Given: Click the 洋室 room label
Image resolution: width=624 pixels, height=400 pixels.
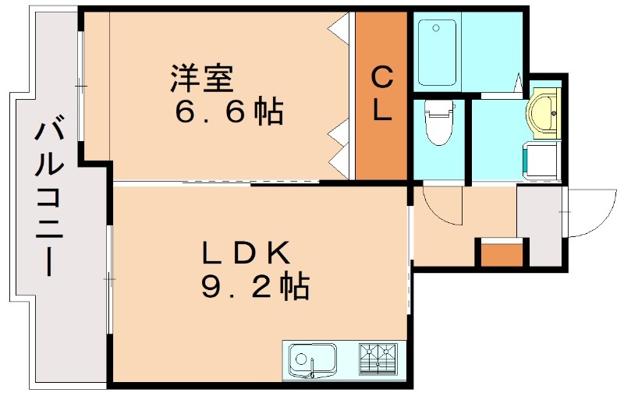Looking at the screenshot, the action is click(202, 78).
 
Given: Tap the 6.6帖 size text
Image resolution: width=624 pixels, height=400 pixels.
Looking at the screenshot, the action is click(229, 111).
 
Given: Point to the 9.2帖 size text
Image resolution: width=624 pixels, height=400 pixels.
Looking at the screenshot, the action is click(255, 286).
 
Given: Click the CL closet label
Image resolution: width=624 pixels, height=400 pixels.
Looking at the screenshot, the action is click(381, 94).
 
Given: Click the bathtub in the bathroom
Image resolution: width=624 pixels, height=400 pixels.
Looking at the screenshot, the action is click(437, 53).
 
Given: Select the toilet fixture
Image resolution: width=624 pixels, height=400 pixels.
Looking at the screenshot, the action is click(439, 122).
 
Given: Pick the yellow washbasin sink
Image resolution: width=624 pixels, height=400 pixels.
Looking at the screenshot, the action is click(544, 113).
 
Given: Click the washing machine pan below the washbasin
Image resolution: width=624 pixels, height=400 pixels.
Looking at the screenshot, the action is click(541, 161).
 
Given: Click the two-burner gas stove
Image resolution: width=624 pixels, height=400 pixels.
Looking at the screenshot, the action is click(378, 359).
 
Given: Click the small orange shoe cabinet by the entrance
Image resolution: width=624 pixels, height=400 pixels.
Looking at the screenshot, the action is click(502, 254).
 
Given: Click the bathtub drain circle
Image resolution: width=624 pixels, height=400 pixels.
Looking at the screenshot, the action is click(437, 28).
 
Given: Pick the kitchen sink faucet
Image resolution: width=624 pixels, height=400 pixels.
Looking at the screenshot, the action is click(313, 367).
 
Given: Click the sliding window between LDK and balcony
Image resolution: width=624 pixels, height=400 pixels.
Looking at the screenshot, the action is click(108, 280).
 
